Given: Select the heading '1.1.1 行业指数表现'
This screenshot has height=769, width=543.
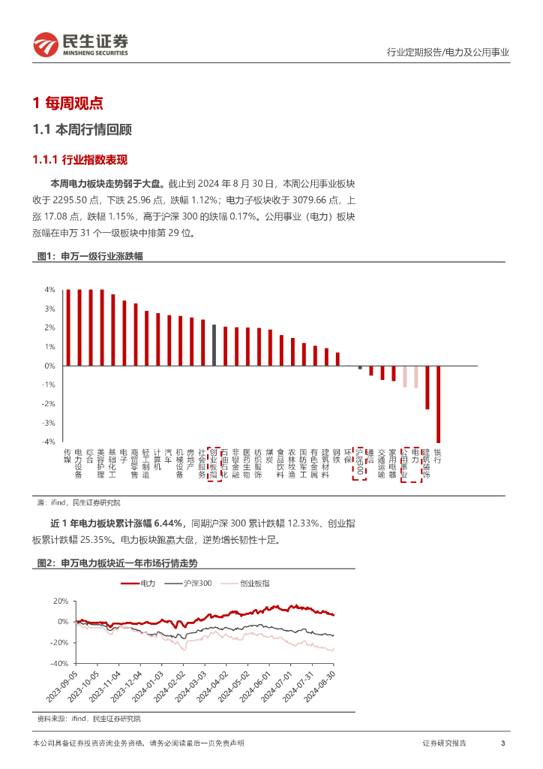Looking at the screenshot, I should [80, 160].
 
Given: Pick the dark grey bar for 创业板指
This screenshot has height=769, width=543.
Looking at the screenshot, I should [214, 345].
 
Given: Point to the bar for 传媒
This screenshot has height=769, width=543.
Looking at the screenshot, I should [67, 327].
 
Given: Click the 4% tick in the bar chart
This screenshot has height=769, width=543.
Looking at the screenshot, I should [49, 290].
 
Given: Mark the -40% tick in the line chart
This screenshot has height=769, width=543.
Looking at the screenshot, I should [59, 664].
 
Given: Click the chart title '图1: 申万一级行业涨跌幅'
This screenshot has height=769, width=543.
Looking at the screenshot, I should [90, 257].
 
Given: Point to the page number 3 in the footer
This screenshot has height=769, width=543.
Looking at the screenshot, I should [502, 743].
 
